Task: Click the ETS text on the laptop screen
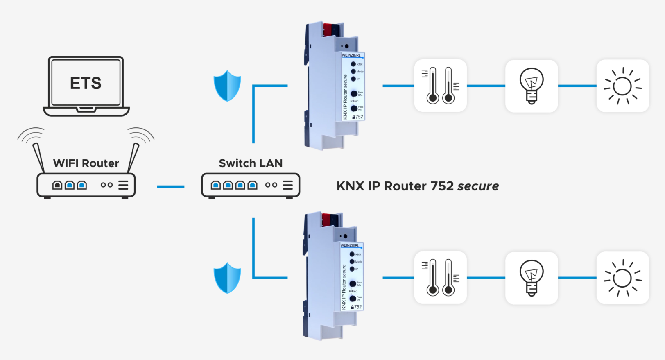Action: (x=86, y=83)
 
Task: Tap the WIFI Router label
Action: (x=86, y=163)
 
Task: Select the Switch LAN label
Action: (x=251, y=163)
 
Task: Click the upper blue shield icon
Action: (x=227, y=86)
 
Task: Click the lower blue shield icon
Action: (x=227, y=278)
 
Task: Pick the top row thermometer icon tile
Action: (x=441, y=86)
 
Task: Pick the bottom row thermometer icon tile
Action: (x=441, y=278)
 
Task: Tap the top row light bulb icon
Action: (x=532, y=86)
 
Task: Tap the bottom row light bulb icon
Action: (x=532, y=278)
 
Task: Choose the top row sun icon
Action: (x=622, y=86)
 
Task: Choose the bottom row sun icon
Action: (x=622, y=278)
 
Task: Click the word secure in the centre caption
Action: (x=478, y=186)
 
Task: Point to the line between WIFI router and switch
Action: (x=171, y=187)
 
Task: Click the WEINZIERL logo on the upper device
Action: (x=351, y=55)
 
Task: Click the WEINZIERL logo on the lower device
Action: (x=350, y=245)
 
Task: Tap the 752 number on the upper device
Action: (x=359, y=117)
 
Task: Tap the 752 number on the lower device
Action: (x=358, y=307)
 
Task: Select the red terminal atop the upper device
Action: (x=328, y=29)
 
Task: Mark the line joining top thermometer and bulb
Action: (x=486, y=86)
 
